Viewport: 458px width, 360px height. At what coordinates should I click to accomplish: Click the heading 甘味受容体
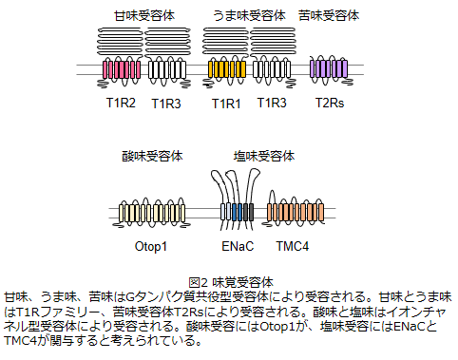[144, 15]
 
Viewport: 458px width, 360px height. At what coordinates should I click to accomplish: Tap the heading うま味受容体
[249, 15]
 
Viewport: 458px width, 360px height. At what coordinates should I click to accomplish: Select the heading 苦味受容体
[329, 15]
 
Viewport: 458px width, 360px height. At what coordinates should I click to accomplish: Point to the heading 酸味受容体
[152, 156]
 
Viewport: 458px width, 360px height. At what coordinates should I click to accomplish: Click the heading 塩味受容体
[264, 156]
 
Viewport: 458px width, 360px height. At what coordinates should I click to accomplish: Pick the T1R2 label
[121, 103]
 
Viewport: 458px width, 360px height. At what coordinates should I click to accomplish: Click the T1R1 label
[226, 104]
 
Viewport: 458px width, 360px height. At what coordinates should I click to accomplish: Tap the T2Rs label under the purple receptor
[330, 103]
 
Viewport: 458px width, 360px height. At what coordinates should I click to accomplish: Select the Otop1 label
[151, 246]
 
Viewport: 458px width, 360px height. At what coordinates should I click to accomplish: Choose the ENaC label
[238, 246]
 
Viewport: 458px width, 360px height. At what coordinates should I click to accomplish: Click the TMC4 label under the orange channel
[293, 246]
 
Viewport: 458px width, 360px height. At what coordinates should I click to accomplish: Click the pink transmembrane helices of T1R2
[122, 69]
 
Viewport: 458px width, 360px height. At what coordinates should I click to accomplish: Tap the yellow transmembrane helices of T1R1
[227, 69]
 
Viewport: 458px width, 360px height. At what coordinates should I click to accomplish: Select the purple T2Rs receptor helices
[329, 68]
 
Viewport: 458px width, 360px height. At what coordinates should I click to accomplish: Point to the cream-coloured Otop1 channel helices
[152, 213]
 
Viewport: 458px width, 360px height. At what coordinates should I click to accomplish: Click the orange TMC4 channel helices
[296, 213]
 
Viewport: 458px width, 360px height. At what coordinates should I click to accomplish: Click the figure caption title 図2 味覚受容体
[231, 282]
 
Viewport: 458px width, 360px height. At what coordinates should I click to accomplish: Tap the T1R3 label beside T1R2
[166, 104]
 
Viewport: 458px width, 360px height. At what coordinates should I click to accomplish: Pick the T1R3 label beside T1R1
[272, 103]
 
